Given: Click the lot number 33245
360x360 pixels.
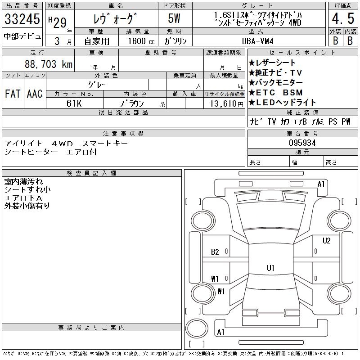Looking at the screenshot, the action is pos(22,18).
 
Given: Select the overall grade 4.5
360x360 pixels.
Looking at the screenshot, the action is pos(343,18).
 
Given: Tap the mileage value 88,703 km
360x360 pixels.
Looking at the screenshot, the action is pos(49,64).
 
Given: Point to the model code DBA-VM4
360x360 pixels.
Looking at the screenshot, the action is pos(257,41).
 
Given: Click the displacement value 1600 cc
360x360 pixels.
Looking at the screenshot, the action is pos(141,41).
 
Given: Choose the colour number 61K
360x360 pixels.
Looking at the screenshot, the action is pos(74,103).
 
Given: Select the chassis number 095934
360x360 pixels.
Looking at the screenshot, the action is pos(302,143).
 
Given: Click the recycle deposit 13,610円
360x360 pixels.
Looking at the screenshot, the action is pos(226,104).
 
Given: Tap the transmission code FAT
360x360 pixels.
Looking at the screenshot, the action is pos(13,94).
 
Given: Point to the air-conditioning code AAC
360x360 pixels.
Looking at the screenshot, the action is pos(35,94).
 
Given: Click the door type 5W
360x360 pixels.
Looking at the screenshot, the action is pos(174,18).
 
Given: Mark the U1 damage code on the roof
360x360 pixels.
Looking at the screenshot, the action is pos(270,268).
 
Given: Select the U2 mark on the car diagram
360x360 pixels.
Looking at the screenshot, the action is pos(326,241).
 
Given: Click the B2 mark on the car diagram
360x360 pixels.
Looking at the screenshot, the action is pos(215,252).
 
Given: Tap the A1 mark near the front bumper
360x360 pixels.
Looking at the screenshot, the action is pos(321,184).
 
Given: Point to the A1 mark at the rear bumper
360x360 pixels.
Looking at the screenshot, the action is pos(220,332).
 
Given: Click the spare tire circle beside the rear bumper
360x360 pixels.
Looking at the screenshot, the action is pos(197,328).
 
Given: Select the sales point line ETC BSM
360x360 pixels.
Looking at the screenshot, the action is pos(275,93).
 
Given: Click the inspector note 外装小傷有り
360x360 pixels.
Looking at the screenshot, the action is pos(27,206).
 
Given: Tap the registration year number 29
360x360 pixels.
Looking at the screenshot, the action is pos(60,22).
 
